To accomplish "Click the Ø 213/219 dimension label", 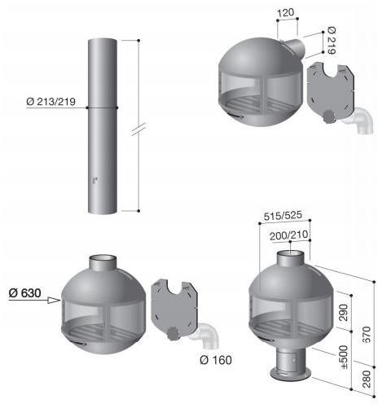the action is (x=51, y=102).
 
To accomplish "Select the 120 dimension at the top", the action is (x=286, y=12).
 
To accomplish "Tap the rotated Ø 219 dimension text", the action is (x=332, y=40).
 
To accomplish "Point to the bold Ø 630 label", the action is (x=24, y=293).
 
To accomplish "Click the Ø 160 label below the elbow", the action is (x=216, y=360).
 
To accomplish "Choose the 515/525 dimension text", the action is (x=283, y=216).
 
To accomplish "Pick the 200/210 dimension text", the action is (x=289, y=235).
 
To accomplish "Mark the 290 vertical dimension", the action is (x=343, y=313).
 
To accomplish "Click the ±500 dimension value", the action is (x=344, y=357).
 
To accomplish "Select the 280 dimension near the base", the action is (x=367, y=379).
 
